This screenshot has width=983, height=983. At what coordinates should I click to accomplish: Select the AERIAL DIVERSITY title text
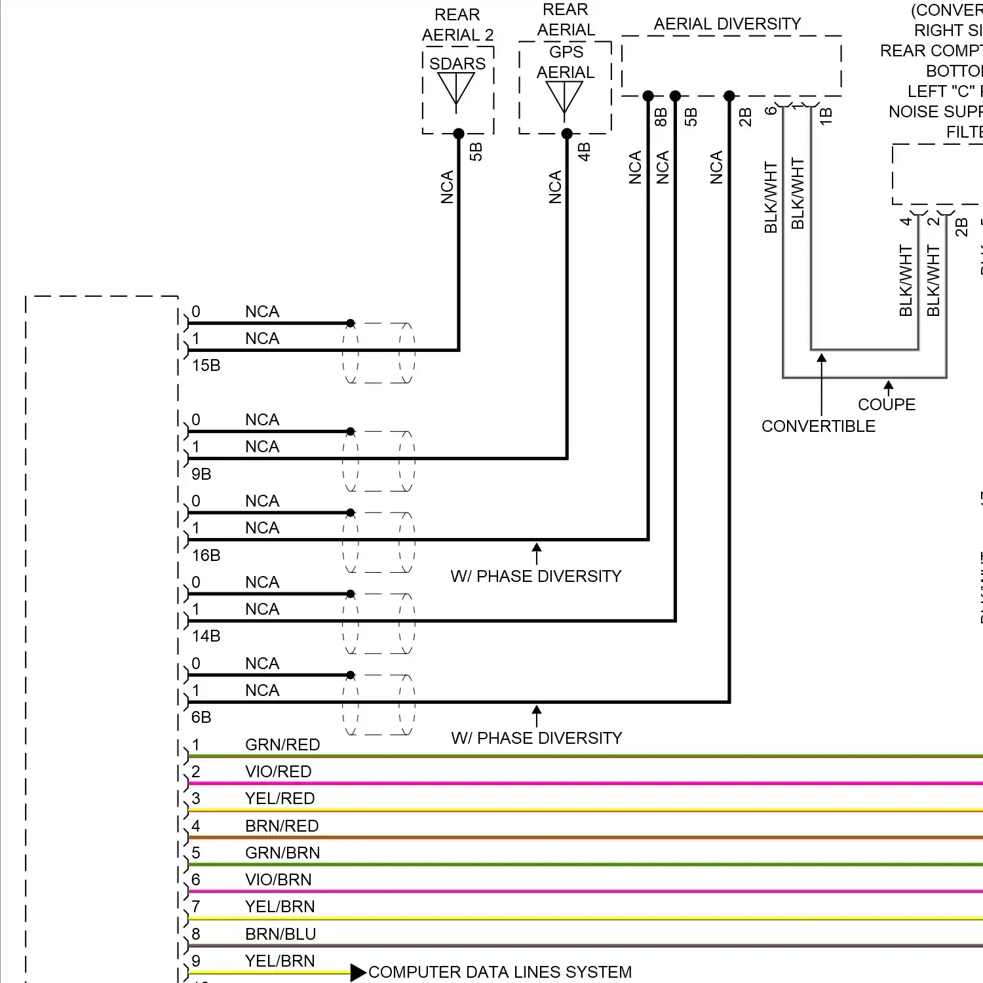[727, 24]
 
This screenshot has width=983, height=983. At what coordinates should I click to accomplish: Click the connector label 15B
[206, 366]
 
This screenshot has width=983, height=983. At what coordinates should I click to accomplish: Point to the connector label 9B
[201, 474]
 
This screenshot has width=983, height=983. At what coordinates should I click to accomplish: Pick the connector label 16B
[206, 555]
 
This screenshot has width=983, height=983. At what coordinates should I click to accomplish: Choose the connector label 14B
[206, 636]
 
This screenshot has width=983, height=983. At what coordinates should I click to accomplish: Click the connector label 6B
[201, 718]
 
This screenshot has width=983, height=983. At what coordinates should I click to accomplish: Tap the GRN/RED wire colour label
[282, 745]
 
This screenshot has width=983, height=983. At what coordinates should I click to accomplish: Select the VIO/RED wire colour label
[278, 772]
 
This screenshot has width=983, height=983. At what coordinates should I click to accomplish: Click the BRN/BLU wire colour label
[280, 934]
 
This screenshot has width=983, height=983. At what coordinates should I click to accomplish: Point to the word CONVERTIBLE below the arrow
[819, 427]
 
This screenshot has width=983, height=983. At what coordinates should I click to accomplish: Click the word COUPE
[887, 404]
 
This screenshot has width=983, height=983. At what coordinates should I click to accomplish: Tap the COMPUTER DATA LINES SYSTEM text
[500, 972]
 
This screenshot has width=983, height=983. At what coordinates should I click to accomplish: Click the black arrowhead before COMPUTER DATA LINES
[358, 973]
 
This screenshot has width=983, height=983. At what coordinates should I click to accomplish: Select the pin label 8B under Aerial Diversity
[661, 117]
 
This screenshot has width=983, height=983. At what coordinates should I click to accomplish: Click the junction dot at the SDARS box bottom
[459, 134]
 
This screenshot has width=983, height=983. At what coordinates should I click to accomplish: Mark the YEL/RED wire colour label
[280, 799]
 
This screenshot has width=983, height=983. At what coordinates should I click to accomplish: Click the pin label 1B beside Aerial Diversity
[826, 117]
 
